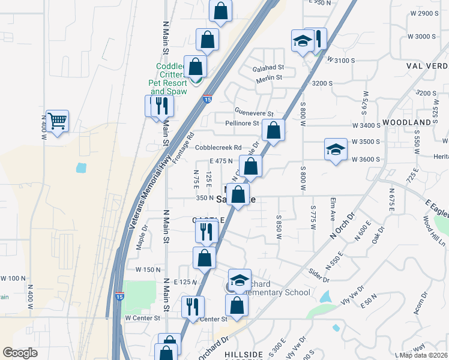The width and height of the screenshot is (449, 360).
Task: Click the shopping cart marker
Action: (x=57, y=121)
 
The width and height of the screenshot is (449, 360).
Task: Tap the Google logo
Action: (x=20, y=353)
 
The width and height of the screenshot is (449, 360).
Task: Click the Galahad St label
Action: (x=268, y=68)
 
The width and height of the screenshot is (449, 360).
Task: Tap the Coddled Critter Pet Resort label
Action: (x=172, y=79)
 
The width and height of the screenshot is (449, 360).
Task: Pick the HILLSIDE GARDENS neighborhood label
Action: (x=244, y=355)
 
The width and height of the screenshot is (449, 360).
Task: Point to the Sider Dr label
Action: (x=319, y=278)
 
